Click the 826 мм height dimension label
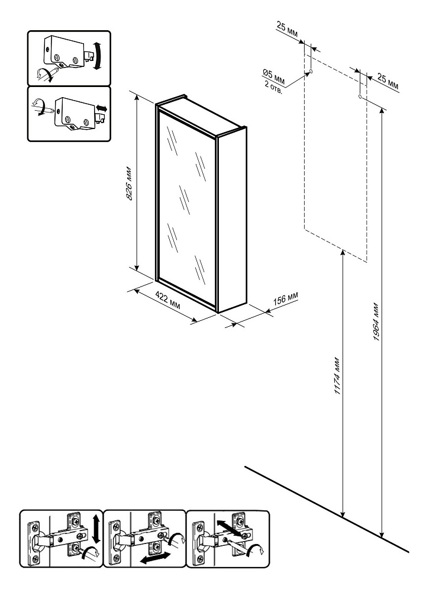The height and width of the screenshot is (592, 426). [x=128, y=183]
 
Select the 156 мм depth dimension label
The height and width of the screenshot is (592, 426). [x=285, y=298]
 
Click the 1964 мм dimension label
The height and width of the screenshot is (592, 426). [x=376, y=321]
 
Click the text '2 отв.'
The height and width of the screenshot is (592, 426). [x=273, y=87]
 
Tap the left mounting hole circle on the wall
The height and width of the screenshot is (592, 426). [x=310, y=71]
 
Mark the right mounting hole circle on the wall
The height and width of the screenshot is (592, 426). [x=360, y=97]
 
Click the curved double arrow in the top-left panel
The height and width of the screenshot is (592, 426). [x=98, y=56]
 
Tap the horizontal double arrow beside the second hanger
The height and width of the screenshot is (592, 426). [x=102, y=109]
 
